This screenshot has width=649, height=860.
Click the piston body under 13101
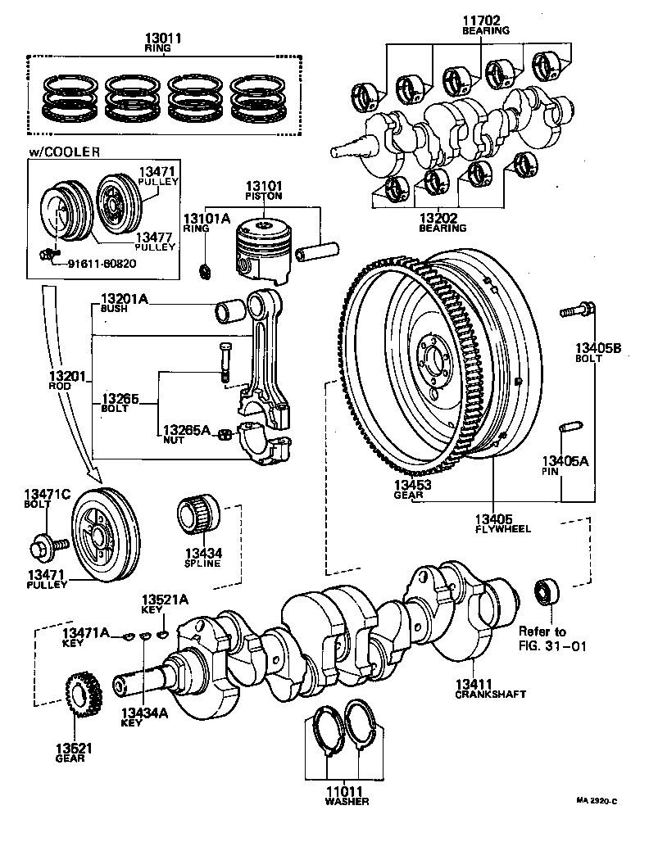coord(261,247)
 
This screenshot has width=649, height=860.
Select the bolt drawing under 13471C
coord(48,542)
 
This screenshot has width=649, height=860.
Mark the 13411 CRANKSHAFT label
coord(490,688)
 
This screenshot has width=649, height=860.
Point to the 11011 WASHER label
coord(345,795)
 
